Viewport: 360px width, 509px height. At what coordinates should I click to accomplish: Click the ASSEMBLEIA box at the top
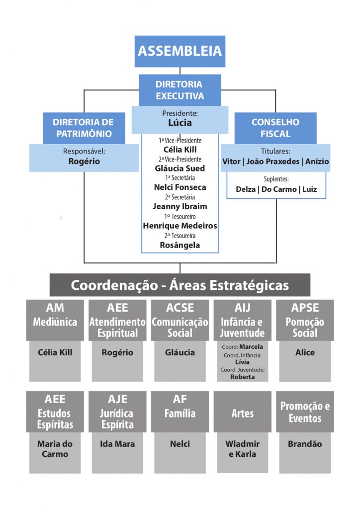pos(180,51)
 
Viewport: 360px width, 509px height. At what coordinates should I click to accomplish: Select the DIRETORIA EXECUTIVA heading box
pos(180,90)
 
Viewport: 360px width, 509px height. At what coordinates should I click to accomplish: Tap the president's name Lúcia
pos(180,123)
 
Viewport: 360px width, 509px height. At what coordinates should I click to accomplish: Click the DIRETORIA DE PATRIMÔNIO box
pos(84,128)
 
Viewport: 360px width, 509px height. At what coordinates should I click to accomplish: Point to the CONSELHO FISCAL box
pos(275,128)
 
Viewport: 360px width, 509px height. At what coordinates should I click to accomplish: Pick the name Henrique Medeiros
pos(180,226)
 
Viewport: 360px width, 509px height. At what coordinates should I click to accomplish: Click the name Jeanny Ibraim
pos(180,206)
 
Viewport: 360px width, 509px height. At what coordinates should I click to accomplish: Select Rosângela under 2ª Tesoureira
pos(180,246)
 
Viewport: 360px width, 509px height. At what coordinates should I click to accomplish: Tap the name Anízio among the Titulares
pos(317,162)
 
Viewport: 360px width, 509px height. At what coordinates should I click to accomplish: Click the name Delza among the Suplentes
pos(246,189)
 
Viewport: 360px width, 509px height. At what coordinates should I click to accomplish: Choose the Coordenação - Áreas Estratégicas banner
pos(180,285)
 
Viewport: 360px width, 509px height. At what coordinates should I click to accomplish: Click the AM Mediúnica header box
pos(55,320)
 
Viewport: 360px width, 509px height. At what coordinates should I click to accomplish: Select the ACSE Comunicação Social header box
pos(180,320)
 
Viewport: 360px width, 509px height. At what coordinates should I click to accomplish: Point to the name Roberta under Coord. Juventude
pos(243,377)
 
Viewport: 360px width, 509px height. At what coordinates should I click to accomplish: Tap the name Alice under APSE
pos(305,352)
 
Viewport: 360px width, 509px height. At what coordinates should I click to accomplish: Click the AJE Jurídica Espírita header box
pos(117,412)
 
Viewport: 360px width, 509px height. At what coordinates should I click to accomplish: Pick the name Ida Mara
pos(117,444)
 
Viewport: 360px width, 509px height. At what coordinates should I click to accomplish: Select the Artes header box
pos(243,412)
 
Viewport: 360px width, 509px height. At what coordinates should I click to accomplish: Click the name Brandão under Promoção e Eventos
pos(305,444)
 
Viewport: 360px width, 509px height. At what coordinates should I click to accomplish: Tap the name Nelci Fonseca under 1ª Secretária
pos(180,187)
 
